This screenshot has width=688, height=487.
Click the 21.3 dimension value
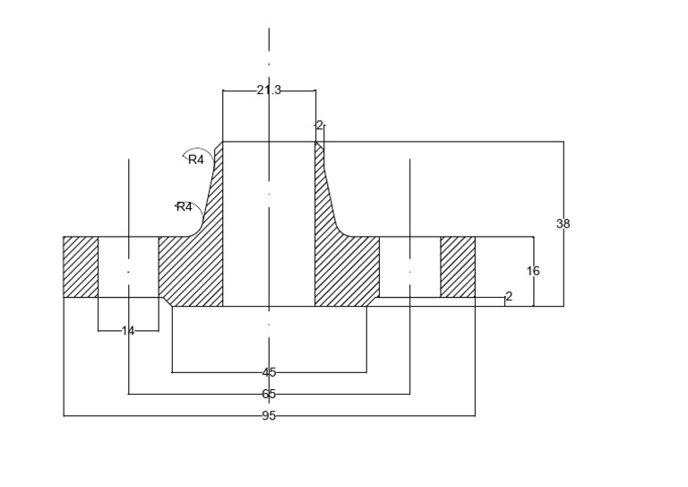pos(269,90)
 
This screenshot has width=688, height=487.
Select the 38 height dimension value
pos(563,223)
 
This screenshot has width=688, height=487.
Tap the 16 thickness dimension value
pos(533,271)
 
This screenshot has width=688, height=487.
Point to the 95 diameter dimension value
pos(269,415)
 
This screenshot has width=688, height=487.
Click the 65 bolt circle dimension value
pos(269,394)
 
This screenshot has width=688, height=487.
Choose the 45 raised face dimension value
pos(269,372)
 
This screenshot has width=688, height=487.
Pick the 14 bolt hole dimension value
pos(128,331)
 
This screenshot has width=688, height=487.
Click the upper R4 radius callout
pos(196,160)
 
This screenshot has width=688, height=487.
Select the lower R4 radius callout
pos(185,207)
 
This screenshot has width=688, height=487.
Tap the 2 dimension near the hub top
pos(319,126)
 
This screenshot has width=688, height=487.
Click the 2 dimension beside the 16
pos(509,297)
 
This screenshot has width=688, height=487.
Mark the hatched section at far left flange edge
pos(81,267)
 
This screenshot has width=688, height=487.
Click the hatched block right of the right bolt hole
pos(458,267)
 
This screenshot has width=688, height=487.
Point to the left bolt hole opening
pos(128,267)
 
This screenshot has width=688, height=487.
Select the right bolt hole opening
pos(409,267)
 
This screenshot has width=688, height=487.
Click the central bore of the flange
pos(269,223)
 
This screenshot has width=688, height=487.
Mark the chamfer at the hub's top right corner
pos(320,145)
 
